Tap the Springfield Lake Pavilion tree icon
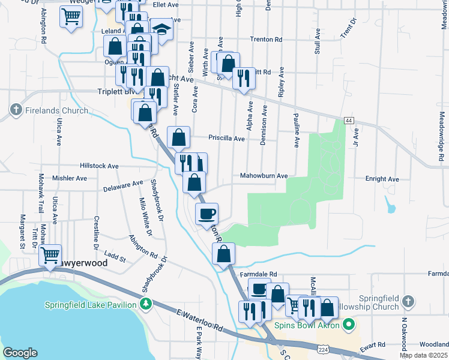[145, 304]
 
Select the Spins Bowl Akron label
[307, 326]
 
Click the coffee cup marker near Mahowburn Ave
[207, 214]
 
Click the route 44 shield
[349, 121]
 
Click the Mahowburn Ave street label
[264, 176]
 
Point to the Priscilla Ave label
[226, 139]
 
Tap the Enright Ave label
[382, 179]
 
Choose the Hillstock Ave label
[99, 166]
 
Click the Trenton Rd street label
[265, 40]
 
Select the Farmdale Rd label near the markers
[258, 274]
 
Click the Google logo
[20, 352]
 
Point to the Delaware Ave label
[123, 186]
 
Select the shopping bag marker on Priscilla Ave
[179, 137]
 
